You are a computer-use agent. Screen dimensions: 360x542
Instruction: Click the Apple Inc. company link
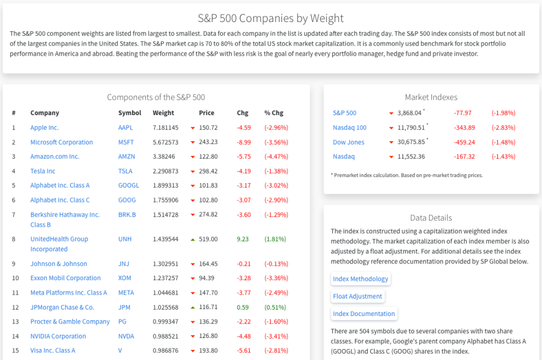[x=45, y=127]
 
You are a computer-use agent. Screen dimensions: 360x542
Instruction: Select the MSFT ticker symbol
[x=126, y=142]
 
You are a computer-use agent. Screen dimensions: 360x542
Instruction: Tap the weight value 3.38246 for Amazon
[x=164, y=156]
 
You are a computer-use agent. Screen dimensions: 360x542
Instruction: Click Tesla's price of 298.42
[x=208, y=171]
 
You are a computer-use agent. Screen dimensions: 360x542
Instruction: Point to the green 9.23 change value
[x=243, y=238]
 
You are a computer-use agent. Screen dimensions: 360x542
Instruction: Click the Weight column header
[x=163, y=113]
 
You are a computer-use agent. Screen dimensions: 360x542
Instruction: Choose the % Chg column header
[x=274, y=113]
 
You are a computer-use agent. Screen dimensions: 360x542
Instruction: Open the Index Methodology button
[x=360, y=279]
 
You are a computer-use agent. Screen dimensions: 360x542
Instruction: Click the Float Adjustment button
[x=357, y=296]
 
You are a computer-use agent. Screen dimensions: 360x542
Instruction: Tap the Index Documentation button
[x=364, y=314]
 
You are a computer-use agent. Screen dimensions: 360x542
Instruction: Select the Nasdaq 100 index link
[x=350, y=127]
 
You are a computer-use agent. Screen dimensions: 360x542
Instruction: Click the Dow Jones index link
[x=349, y=142]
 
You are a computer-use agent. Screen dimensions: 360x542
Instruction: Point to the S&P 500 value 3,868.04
[x=410, y=113]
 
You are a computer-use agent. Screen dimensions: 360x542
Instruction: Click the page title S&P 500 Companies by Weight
[x=270, y=19]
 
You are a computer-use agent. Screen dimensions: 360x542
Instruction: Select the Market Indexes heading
[x=431, y=97]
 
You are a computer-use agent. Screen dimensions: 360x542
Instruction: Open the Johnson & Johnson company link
[x=58, y=263]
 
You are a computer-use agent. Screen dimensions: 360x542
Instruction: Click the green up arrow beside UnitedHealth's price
[x=192, y=238]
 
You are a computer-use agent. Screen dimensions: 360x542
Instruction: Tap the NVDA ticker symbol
[x=126, y=336]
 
